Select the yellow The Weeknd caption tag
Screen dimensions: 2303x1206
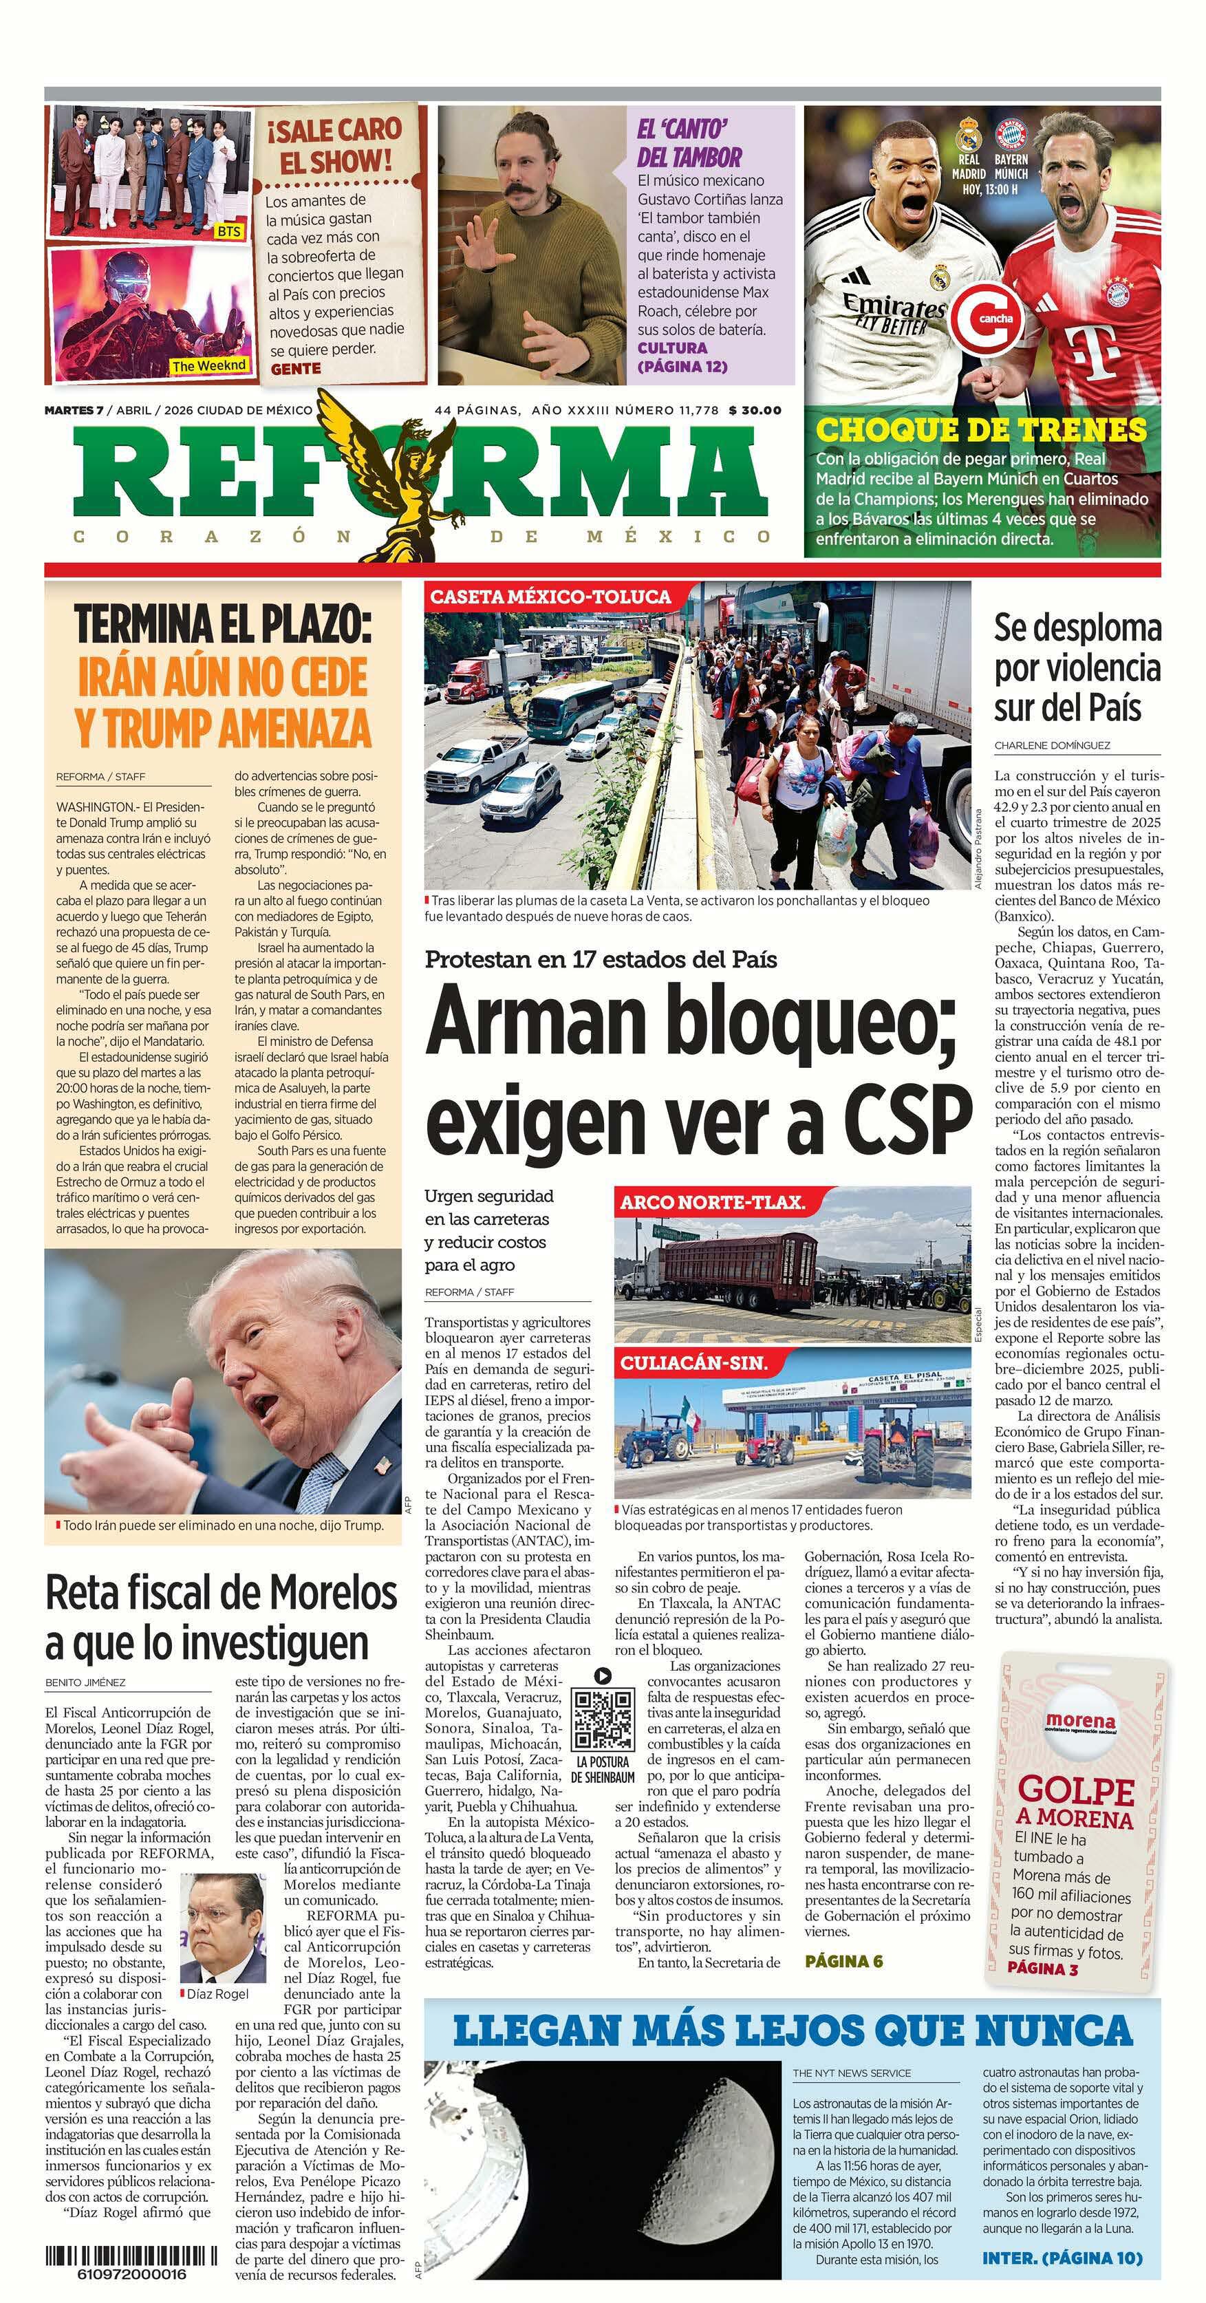tap(208, 365)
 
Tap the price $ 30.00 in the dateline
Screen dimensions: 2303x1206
tap(755, 410)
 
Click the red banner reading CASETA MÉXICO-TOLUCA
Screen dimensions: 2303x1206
tap(550, 597)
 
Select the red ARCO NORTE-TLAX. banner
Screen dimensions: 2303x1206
tap(713, 1203)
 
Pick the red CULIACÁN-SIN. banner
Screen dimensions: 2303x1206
tap(693, 1363)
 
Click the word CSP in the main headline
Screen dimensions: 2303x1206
tap(905, 1114)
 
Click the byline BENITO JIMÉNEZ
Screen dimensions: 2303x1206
tap(86, 1682)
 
